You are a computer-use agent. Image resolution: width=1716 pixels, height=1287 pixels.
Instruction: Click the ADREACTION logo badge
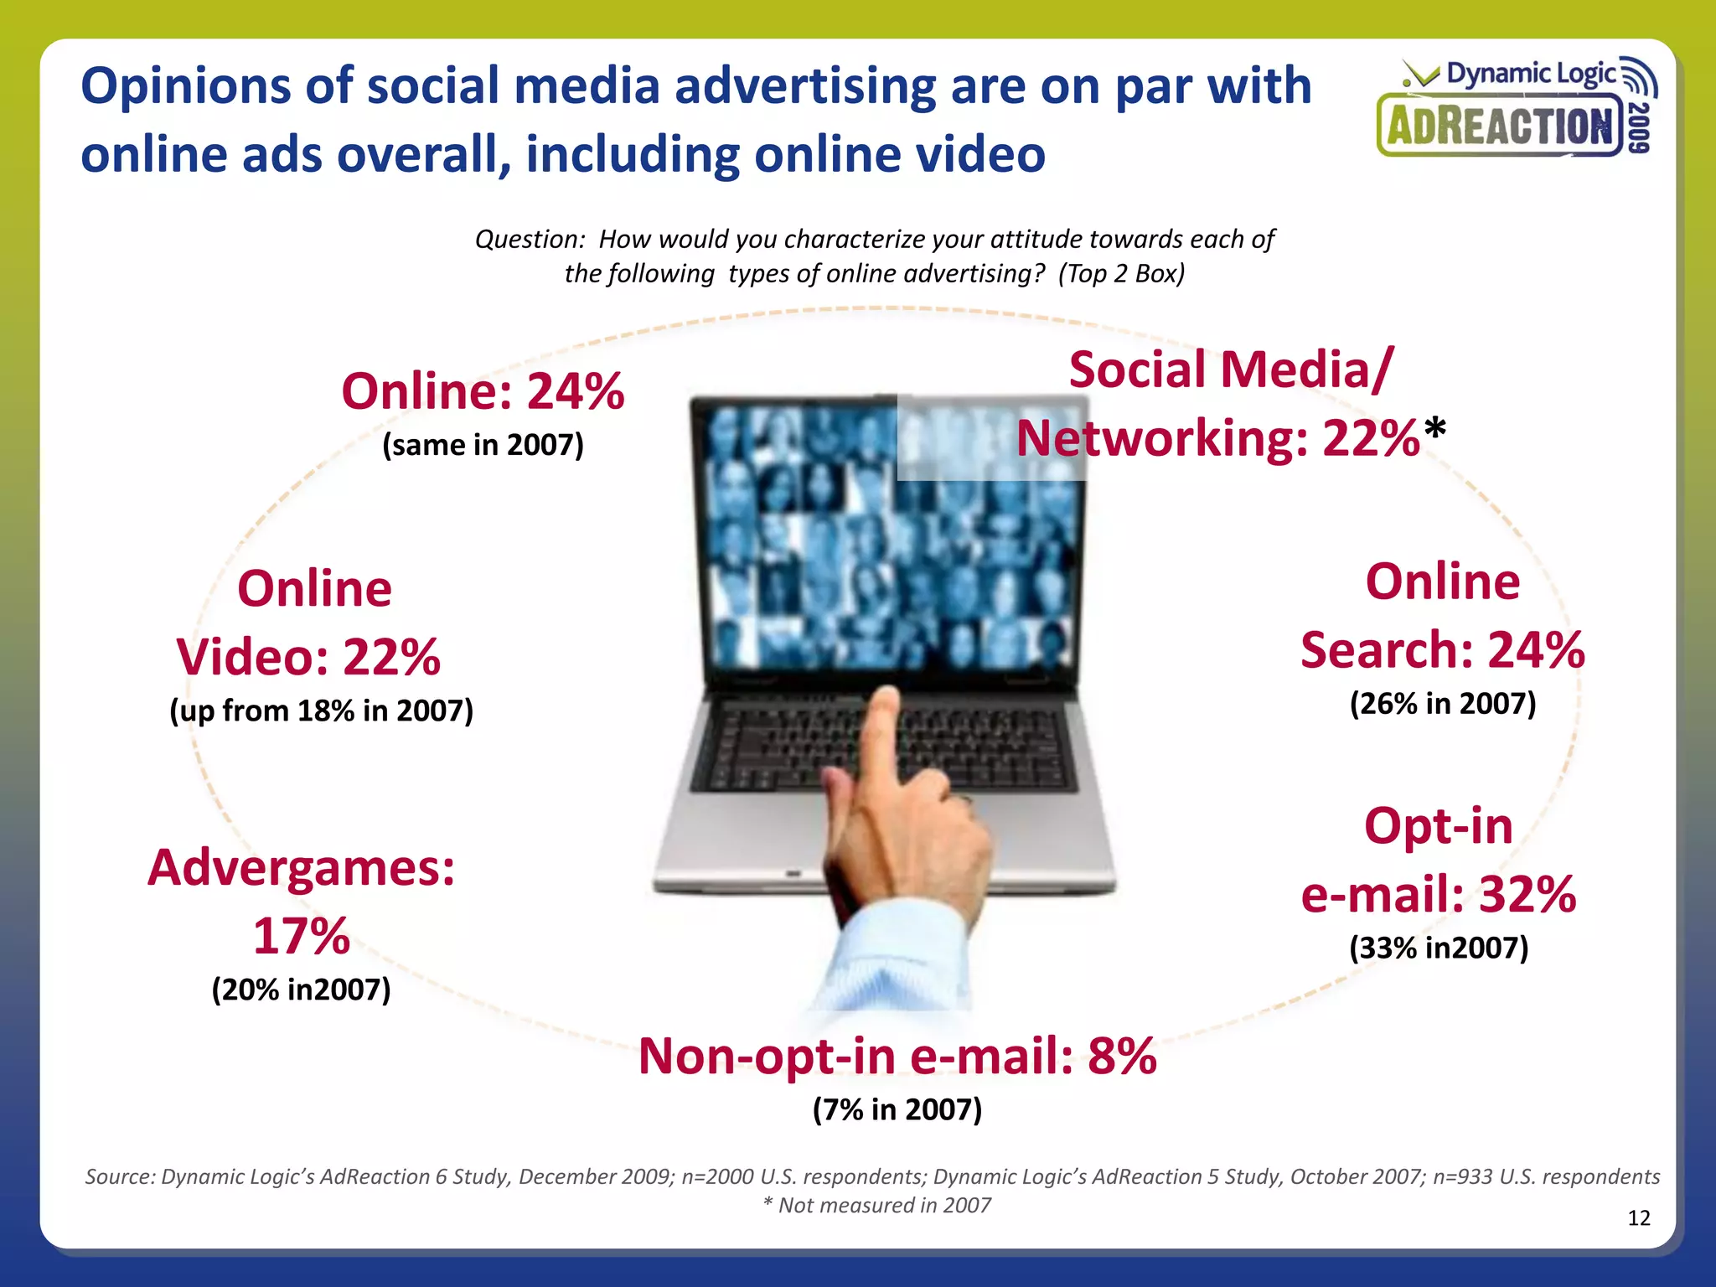click(x=1500, y=127)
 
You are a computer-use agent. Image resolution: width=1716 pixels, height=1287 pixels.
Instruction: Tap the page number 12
click(x=1638, y=1217)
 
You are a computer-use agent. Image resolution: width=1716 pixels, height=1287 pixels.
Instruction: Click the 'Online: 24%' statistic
click(x=483, y=391)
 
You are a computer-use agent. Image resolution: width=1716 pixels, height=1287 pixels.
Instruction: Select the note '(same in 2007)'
click(x=483, y=444)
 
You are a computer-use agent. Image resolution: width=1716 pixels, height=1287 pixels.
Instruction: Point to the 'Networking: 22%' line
click(x=1219, y=438)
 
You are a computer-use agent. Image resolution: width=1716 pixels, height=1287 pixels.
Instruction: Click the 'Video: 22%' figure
click(x=308, y=656)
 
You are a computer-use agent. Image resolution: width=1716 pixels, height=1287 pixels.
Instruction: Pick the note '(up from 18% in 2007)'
click(x=321, y=711)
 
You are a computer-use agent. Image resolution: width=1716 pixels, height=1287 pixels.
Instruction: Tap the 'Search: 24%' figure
click(x=1442, y=649)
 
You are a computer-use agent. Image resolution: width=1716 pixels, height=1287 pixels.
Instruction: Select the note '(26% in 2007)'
click(x=1442, y=703)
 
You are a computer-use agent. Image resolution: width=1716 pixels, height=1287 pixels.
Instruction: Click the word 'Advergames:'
click(x=302, y=867)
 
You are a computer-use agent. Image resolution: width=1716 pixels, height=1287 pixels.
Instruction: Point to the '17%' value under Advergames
click(x=302, y=936)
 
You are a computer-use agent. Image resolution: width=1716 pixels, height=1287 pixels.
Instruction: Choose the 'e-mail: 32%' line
click(x=1439, y=894)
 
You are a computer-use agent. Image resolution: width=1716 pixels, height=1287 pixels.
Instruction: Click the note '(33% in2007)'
click(x=1439, y=948)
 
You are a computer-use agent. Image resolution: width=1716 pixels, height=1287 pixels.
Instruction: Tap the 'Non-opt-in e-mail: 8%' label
click(x=897, y=1056)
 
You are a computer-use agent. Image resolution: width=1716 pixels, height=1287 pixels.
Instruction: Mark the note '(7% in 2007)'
click(x=897, y=1109)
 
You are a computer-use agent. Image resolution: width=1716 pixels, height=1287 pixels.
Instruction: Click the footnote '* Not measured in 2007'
click(x=876, y=1205)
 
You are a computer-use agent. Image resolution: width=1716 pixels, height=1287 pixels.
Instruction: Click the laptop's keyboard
click(x=888, y=746)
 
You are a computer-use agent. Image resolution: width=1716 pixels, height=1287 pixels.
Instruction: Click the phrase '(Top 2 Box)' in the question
click(x=1121, y=273)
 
